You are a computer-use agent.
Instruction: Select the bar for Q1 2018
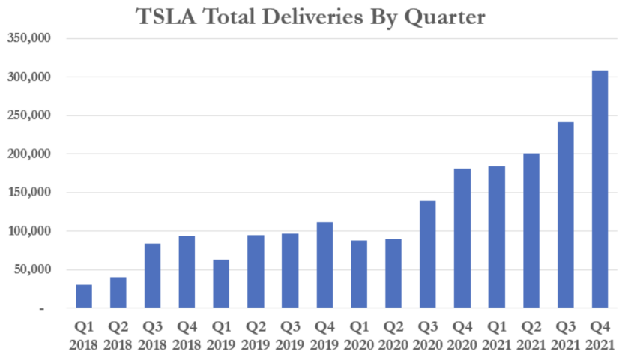(84, 296)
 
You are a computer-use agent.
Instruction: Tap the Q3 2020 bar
(427, 254)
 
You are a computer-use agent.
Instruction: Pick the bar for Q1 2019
(221, 283)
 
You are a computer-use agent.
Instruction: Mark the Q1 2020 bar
(359, 274)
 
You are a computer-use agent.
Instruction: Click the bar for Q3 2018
(152, 275)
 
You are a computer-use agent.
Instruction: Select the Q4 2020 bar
(462, 238)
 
